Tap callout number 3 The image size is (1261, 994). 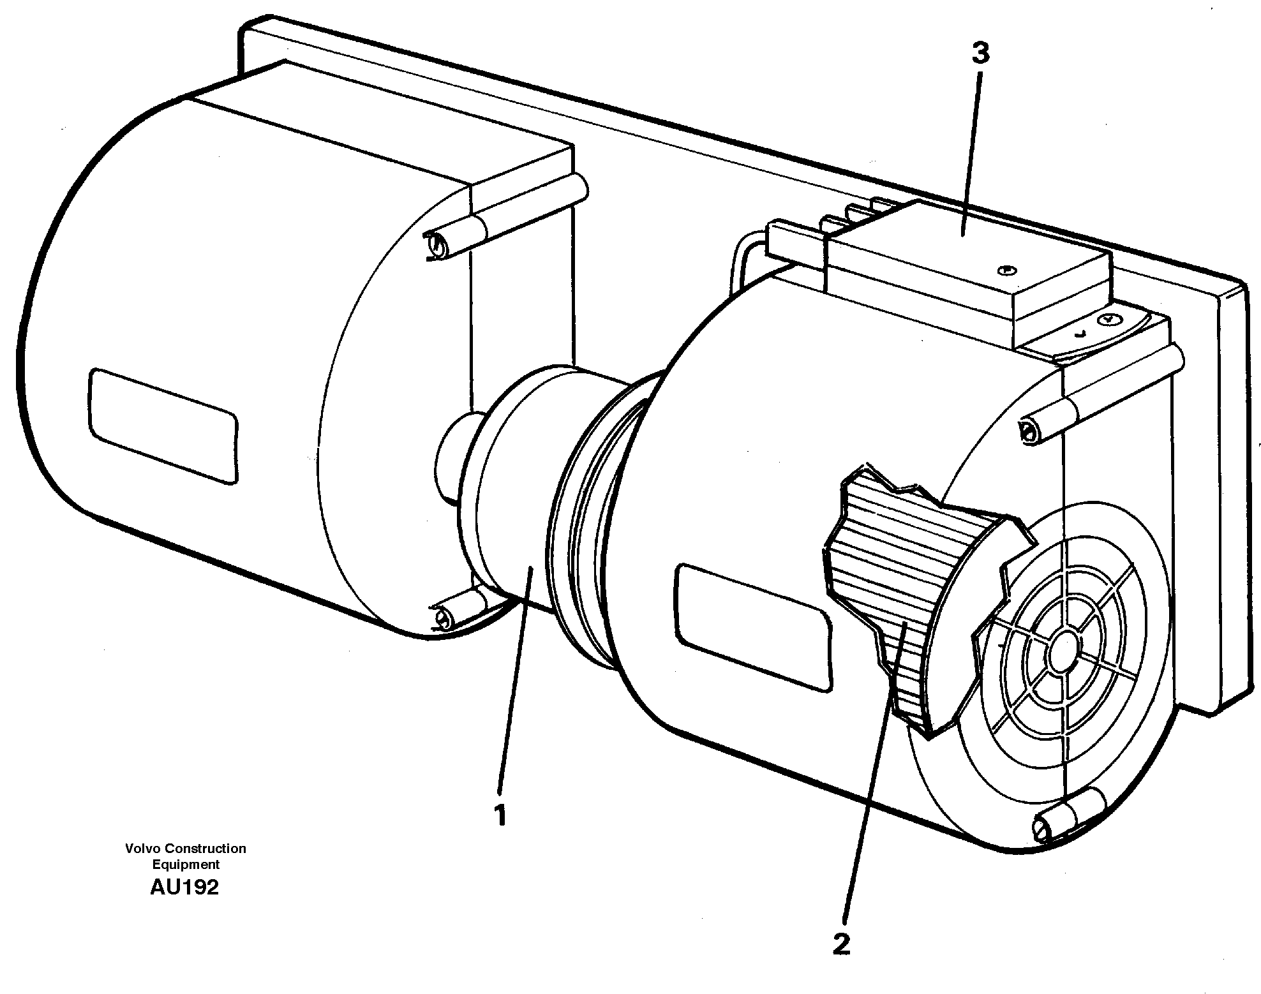pos(980,55)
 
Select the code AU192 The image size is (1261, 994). pos(184,887)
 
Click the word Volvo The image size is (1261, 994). pos(143,849)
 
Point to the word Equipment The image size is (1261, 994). pos(185,864)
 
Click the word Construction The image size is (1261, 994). pos(205,849)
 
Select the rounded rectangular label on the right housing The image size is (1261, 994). pos(754,627)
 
